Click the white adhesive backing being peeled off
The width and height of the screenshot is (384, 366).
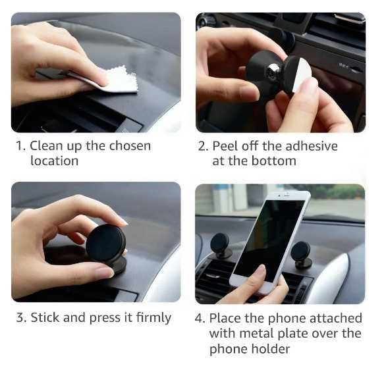(300, 74)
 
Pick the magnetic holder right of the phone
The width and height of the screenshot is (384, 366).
(302, 255)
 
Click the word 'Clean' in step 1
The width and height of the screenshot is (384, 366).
(46, 146)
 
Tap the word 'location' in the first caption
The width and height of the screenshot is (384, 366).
(55, 161)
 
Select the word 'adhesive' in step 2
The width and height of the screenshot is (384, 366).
(312, 146)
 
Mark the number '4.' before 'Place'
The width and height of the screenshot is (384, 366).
(200, 318)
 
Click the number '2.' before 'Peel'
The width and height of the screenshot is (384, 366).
(204, 146)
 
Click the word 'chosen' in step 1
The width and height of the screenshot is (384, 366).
(130, 146)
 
